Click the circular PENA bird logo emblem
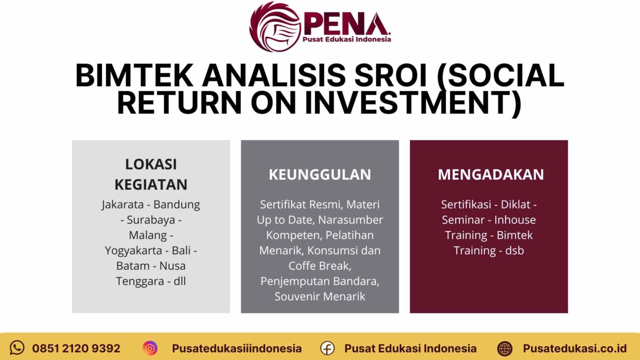click(x=275, y=26)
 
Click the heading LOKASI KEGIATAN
click(x=151, y=174)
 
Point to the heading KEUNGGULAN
click(x=320, y=175)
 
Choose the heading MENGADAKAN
click(x=490, y=175)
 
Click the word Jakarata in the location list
click(x=125, y=204)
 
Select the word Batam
click(x=132, y=266)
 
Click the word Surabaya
click(x=151, y=220)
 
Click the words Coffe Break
click(x=320, y=266)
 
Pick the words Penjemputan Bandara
click(x=320, y=281)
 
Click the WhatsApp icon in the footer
click(x=17, y=348)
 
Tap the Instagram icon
click(x=150, y=348)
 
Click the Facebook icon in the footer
click(x=327, y=348)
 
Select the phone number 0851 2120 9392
click(x=76, y=349)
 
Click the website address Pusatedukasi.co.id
click(x=575, y=349)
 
